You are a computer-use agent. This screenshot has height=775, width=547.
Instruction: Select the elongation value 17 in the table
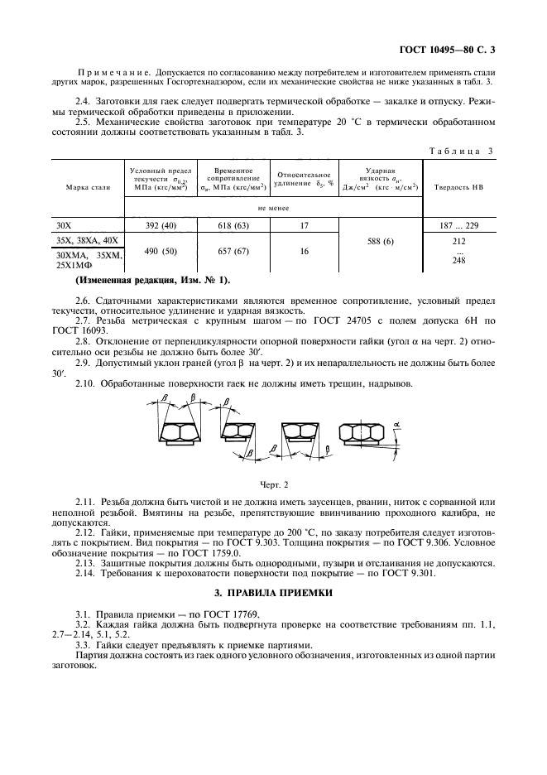305,225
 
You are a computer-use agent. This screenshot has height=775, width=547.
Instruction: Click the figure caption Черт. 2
273,484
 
